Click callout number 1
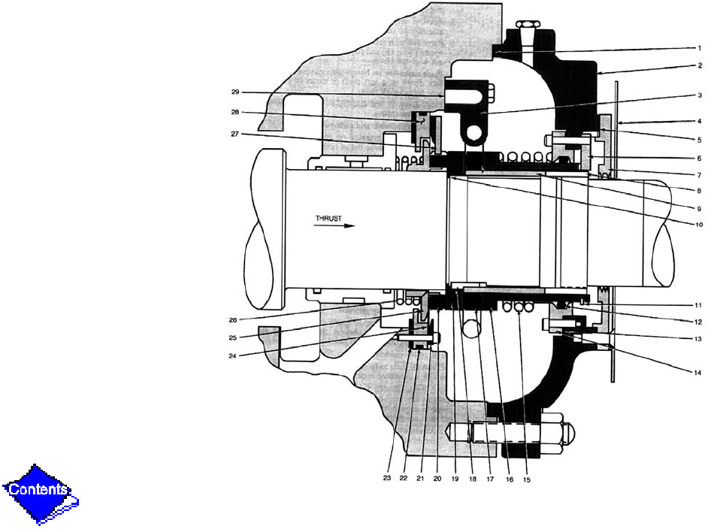click(698, 48)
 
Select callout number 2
click(698, 65)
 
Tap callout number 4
click(698, 121)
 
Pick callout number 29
click(234, 92)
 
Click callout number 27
click(234, 135)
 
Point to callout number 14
click(697, 371)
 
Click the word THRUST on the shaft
click(328, 219)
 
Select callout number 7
click(698, 174)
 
